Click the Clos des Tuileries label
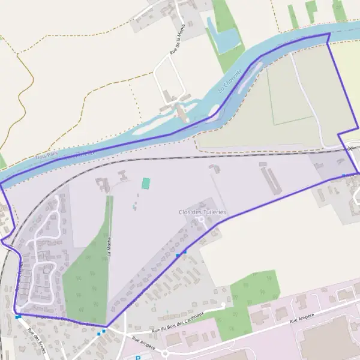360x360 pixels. pos(202,212)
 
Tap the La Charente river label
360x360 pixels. pos(230,82)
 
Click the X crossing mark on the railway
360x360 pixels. pos(351,148)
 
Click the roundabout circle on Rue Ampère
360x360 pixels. pos(164,353)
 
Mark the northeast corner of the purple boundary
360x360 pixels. pos(328,34)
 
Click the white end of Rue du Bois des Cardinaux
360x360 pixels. pos(223,305)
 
